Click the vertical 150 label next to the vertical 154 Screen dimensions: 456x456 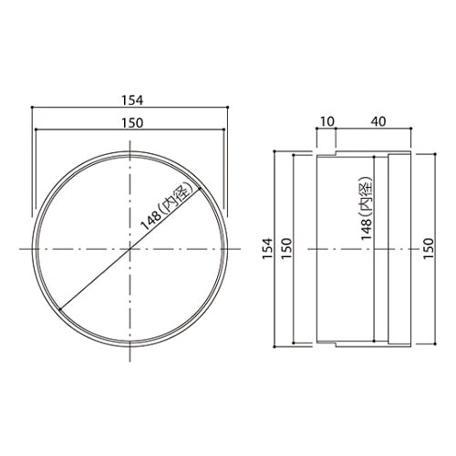click(285, 248)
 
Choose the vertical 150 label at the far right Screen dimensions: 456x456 click(430, 248)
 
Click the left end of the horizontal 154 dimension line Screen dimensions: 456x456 click(33, 108)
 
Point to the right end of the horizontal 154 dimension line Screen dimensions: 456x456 click(228, 108)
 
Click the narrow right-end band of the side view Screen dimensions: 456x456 click(400, 248)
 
